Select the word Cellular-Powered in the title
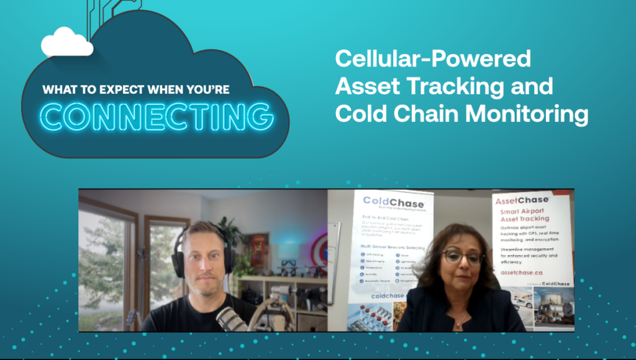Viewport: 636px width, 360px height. pos(433,59)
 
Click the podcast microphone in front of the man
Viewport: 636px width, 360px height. pos(230,319)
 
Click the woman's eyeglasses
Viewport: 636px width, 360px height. pos(463,256)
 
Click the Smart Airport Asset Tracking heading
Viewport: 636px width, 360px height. pos(525,214)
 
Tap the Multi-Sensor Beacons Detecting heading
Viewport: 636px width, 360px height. pos(393,246)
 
